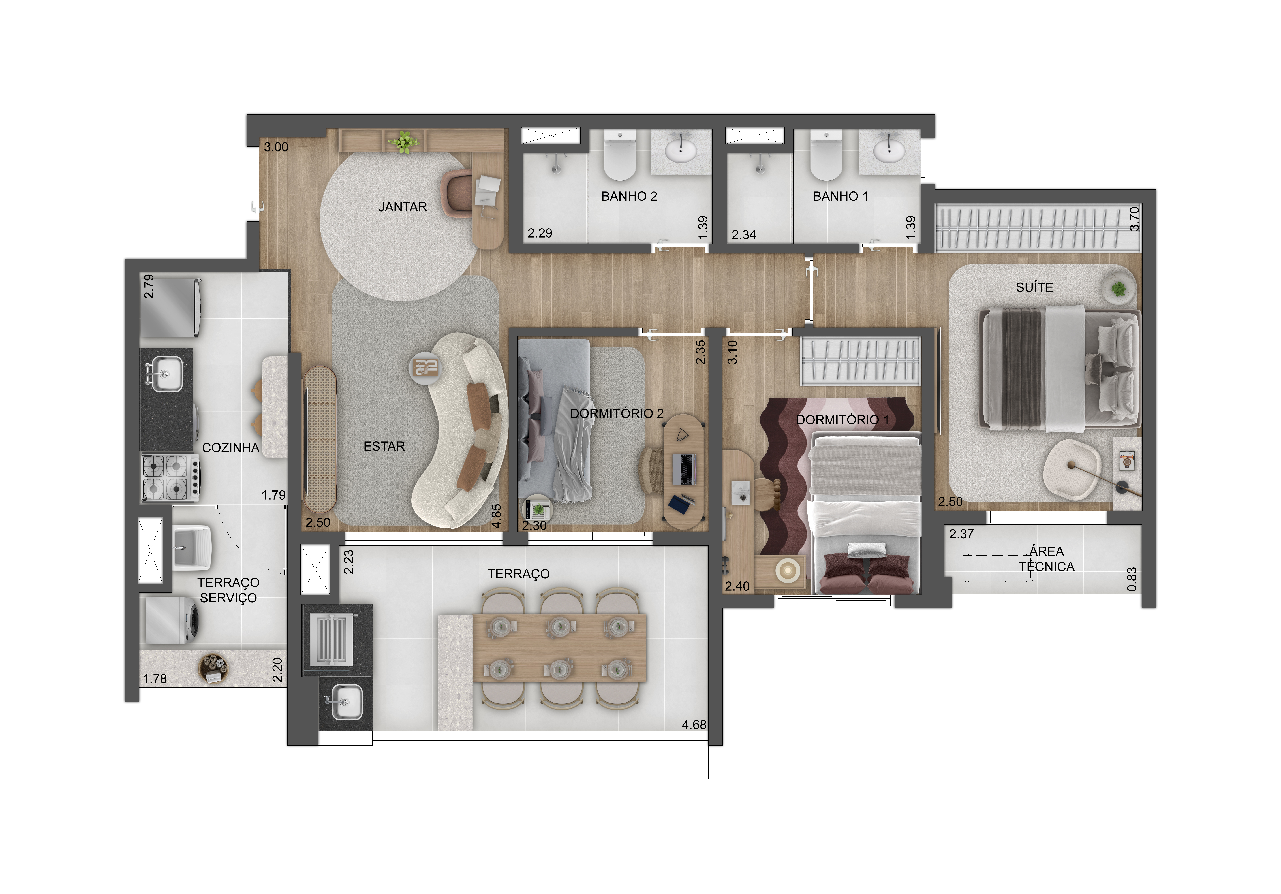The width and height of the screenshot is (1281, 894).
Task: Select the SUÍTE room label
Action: coord(1034,287)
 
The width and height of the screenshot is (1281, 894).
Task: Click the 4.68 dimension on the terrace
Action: coord(694,725)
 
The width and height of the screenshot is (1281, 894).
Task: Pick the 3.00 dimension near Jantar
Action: coord(276,147)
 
